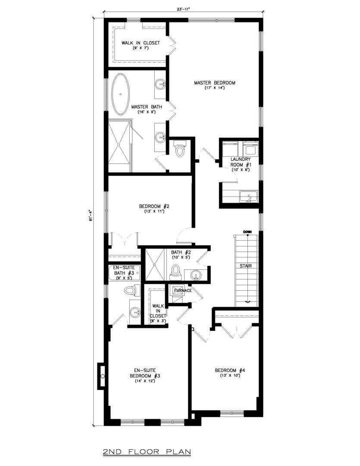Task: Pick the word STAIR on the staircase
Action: pos(246,266)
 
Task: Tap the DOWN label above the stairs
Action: pos(247,232)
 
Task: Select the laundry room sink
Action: pos(248,197)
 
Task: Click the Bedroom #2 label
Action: pos(150,208)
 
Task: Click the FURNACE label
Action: pos(183,290)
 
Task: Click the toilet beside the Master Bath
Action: pos(179,149)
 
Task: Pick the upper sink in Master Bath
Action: pos(161,84)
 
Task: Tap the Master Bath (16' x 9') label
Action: pos(144,109)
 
